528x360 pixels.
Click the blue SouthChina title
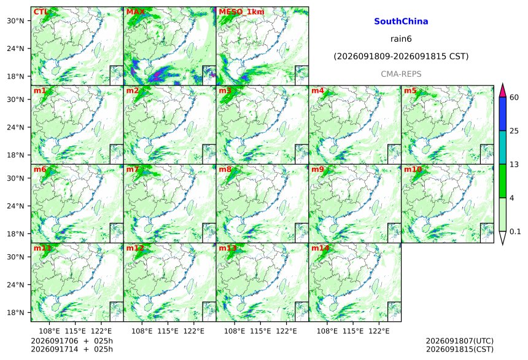click(x=401, y=22)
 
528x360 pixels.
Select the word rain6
click(x=401, y=39)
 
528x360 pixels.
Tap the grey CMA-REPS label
click(x=401, y=74)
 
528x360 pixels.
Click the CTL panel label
click(x=41, y=12)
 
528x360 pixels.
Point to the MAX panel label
click(x=135, y=12)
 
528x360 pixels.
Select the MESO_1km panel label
click(x=241, y=12)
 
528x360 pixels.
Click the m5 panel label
click(x=410, y=91)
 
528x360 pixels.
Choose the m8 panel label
click(x=225, y=169)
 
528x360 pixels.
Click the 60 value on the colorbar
click(x=514, y=98)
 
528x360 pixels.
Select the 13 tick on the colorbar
click(x=514, y=165)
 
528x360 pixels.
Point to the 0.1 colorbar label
click(x=515, y=232)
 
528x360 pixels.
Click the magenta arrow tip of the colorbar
click(x=503, y=84)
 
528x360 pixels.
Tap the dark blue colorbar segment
click(x=503, y=114)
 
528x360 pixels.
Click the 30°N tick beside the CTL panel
click(x=15, y=21)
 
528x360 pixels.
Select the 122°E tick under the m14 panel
click(x=379, y=331)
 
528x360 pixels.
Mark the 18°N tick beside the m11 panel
click(x=15, y=313)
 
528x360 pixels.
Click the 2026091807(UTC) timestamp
click(x=460, y=341)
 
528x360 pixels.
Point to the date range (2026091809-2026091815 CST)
click(x=401, y=57)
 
